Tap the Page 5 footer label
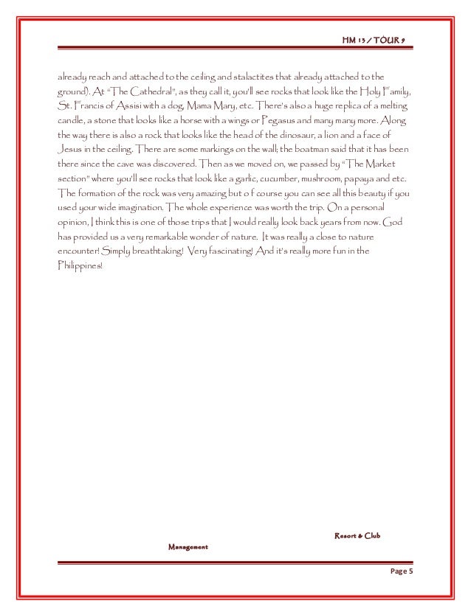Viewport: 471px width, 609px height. (x=402, y=573)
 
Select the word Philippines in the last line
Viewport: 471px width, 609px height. (x=80, y=266)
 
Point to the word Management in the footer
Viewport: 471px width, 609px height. (x=188, y=548)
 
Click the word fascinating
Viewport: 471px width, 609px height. (x=230, y=252)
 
